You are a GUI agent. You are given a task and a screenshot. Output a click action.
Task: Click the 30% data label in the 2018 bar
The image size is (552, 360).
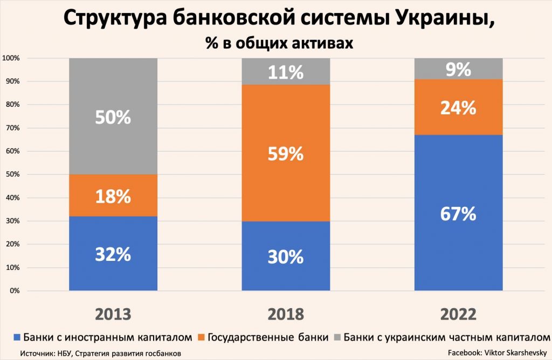click(286, 257)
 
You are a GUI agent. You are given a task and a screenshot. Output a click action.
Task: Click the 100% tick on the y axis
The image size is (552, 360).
click(11, 58)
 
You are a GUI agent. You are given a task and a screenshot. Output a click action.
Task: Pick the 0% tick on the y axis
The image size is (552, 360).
click(15, 291)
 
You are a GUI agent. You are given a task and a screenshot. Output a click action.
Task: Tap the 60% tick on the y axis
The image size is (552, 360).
click(13, 151)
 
